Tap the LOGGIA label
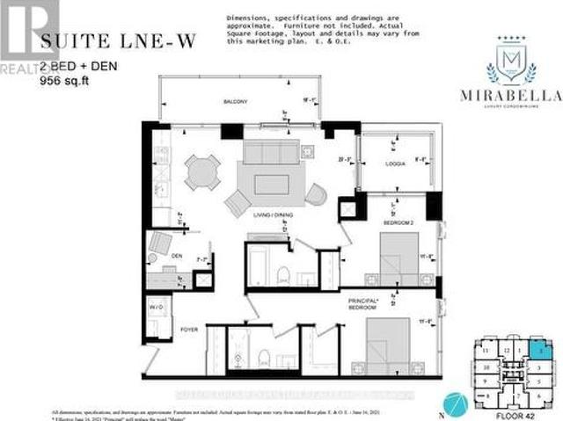[394, 164]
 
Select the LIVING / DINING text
[271, 214]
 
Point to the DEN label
[177, 257]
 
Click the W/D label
[157, 308]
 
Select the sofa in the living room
[272, 153]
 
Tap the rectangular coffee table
[271, 184]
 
